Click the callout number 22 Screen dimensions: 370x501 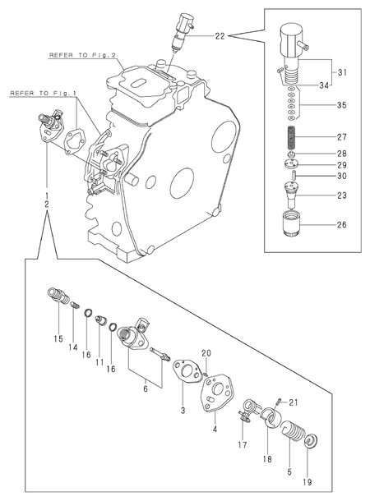[x=220, y=36]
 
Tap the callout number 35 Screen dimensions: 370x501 [x=341, y=105]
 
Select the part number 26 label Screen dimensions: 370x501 [x=341, y=225]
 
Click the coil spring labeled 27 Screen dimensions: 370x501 [x=292, y=137]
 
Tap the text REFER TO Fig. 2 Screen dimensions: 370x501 [x=82, y=55]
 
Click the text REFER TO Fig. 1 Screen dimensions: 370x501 [x=44, y=94]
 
